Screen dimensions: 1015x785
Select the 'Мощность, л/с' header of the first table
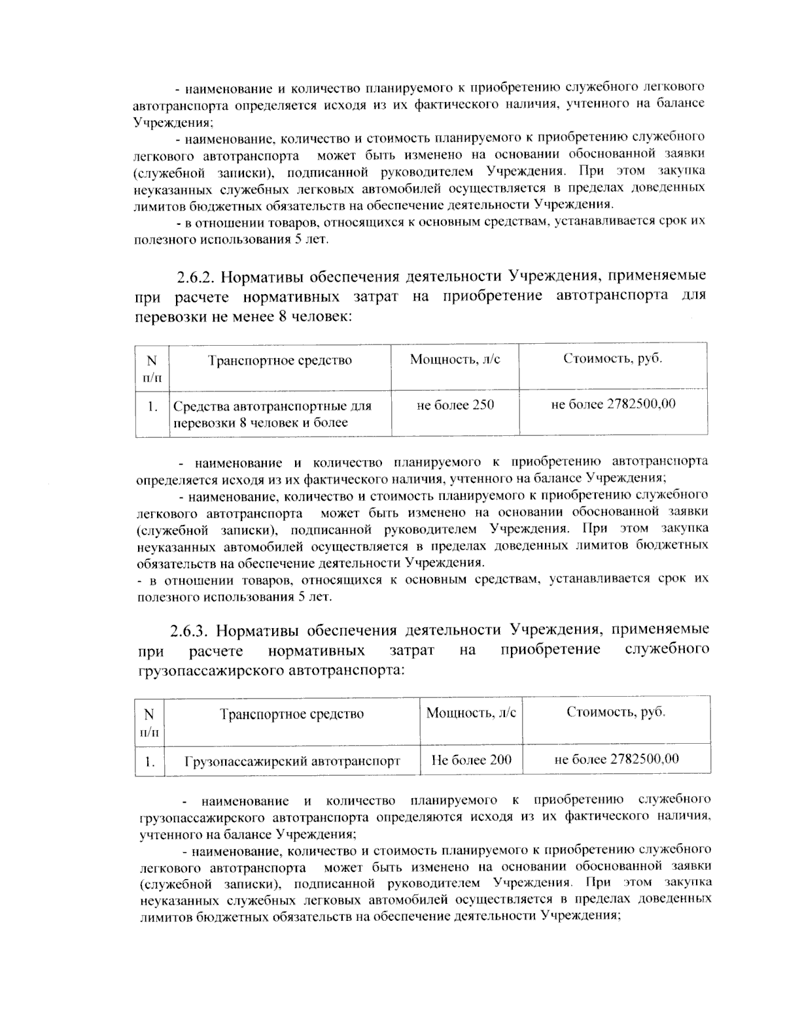[455, 359]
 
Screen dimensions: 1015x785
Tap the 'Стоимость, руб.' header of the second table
[616, 712]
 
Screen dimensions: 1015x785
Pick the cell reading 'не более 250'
[455, 405]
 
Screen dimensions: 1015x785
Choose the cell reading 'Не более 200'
[472, 760]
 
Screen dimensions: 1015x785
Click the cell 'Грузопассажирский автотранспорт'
[292, 761]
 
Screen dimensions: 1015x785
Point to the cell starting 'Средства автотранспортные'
[272, 414]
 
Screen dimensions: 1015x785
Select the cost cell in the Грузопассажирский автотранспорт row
[616, 759]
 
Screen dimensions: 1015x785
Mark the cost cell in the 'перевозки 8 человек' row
[614, 405]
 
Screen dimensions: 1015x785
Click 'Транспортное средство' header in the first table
[280, 360]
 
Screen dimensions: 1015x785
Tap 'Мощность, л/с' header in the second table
[471, 713]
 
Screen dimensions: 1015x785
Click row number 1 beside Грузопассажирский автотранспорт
[150, 761]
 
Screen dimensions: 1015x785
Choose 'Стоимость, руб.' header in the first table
[612, 359]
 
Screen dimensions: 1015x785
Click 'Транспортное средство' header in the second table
[292, 714]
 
